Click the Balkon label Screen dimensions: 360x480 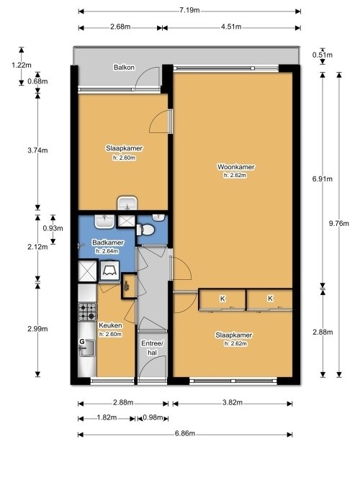point(124,68)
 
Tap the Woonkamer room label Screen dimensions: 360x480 point(235,167)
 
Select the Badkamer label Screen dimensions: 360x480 point(108,243)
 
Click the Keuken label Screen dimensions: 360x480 point(110,325)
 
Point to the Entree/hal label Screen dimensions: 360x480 point(152,348)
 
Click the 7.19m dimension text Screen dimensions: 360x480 point(189,10)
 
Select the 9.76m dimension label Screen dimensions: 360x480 point(339,223)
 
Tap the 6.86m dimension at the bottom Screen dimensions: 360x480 point(185,433)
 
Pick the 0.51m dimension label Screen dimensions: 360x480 point(323,55)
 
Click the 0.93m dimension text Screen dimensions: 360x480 point(53,228)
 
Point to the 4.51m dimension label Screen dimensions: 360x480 point(231,27)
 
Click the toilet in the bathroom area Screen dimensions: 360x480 point(145,230)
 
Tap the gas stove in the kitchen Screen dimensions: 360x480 point(87,312)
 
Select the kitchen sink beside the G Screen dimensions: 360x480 point(88,348)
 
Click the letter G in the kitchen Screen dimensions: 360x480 point(82,341)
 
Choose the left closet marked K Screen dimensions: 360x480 point(222,299)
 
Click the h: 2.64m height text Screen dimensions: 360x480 point(107,251)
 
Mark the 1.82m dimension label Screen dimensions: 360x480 point(107,417)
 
